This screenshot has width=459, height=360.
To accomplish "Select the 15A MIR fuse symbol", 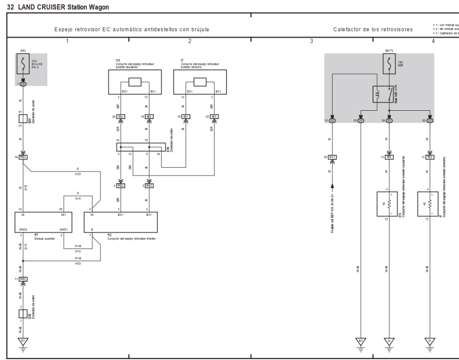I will (389, 65).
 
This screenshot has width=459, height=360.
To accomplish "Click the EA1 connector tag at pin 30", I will (333, 157).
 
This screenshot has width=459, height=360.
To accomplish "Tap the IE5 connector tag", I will (389, 157).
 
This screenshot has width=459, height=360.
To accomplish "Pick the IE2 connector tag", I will (430, 157).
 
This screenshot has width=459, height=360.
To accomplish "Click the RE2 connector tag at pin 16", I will (24, 157).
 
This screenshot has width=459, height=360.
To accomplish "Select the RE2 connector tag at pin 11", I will (24, 279).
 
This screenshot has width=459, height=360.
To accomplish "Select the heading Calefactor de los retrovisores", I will (373, 30).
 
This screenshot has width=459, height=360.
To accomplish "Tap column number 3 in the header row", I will (311, 41).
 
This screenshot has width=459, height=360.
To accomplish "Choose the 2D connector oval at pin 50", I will (430, 121).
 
